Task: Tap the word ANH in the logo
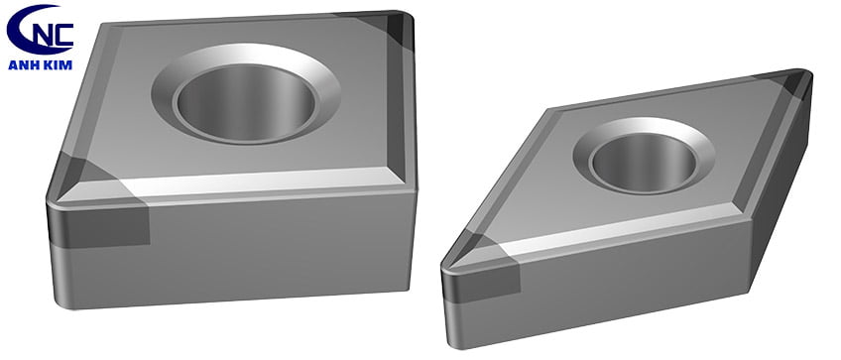point(23,64)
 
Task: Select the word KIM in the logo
point(57,64)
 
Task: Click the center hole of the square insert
point(246,101)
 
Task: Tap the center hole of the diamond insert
point(643,162)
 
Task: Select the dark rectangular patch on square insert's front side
point(99,224)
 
